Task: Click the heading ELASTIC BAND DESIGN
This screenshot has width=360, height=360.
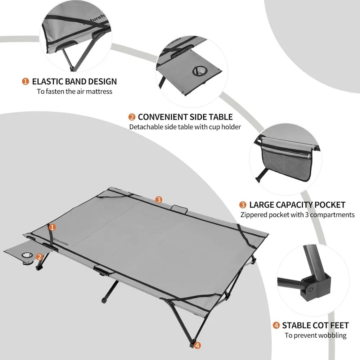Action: click(74, 81)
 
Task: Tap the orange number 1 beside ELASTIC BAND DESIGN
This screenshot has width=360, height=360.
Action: click(26, 81)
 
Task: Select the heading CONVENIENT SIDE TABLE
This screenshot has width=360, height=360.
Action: click(185, 117)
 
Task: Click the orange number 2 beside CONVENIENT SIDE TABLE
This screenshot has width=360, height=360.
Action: click(132, 117)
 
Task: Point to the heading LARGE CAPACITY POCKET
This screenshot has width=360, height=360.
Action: click(297, 205)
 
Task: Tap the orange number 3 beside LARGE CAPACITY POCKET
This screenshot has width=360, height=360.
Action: click(243, 205)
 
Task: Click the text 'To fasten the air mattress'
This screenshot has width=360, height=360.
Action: click(75, 91)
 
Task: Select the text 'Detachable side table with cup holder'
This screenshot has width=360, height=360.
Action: click(185, 127)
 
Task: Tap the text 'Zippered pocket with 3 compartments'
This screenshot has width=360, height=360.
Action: click(297, 215)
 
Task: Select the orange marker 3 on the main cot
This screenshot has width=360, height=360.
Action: click(159, 199)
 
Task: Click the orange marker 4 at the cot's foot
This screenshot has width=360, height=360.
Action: click(197, 346)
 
